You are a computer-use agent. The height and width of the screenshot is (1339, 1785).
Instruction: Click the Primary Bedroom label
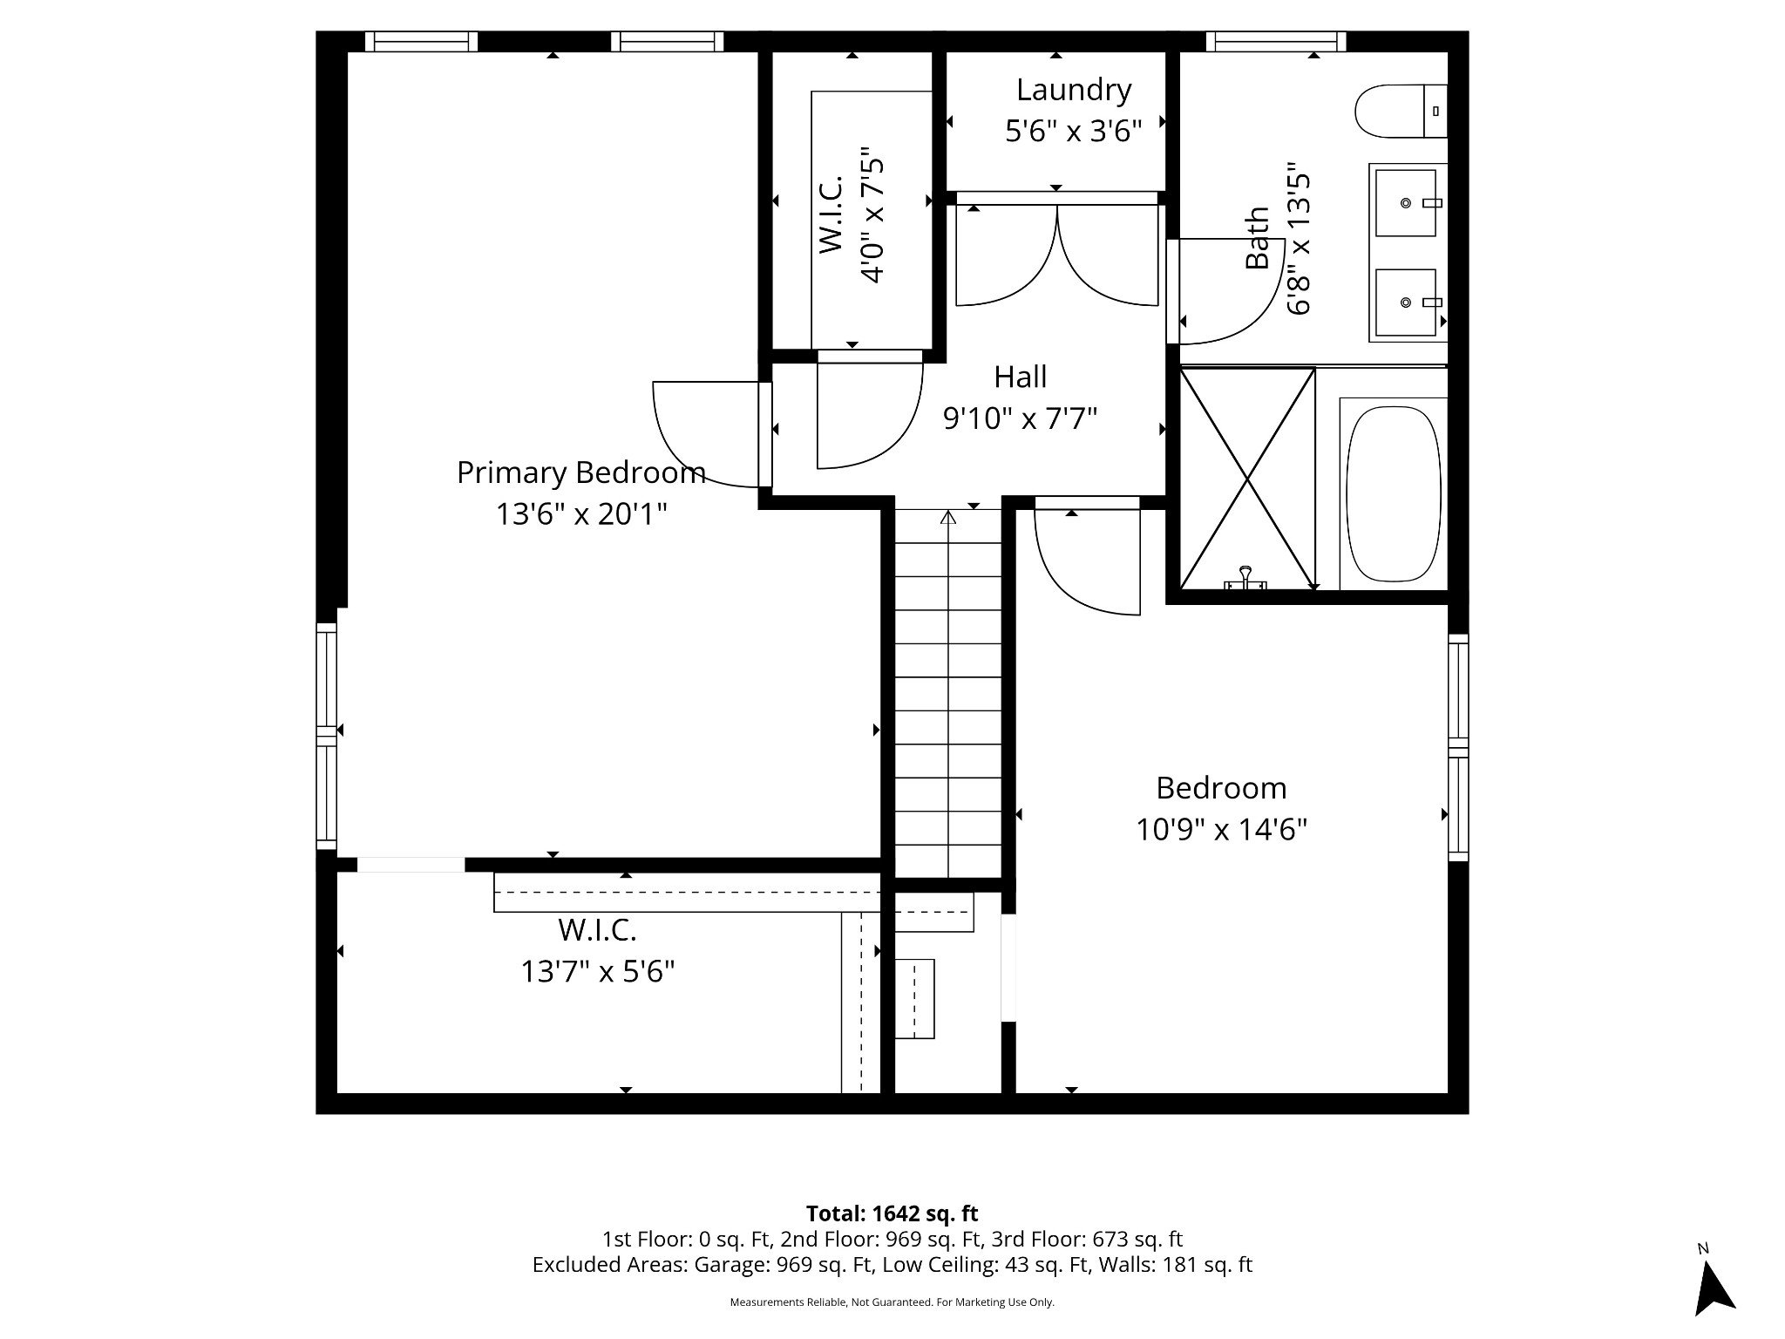[580, 472]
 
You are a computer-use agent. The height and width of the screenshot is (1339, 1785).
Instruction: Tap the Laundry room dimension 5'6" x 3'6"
[1073, 132]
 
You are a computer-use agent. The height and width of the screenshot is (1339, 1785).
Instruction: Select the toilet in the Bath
[1400, 111]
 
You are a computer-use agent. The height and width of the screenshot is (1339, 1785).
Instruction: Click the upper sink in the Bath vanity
[1405, 203]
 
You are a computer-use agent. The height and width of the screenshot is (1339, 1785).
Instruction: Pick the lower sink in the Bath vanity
[1405, 302]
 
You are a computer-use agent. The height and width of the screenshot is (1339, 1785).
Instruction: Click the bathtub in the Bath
[1393, 490]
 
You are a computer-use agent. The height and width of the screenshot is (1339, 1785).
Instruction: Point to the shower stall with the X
[1247, 479]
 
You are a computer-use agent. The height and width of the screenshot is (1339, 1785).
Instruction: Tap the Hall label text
[1020, 377]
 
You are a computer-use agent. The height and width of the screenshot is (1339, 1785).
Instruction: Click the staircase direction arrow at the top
[948, 518]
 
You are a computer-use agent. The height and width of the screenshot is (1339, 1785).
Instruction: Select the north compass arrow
[1713, 1290]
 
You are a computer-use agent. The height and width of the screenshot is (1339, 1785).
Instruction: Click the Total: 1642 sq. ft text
[892, 1213]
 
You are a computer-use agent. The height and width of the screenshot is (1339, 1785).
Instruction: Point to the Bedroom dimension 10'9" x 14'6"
[1220, 829]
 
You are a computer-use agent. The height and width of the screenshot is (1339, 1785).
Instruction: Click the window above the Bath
[1275, 41]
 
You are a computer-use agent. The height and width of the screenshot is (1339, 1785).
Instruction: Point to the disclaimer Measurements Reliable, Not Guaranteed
[892, 1302]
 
